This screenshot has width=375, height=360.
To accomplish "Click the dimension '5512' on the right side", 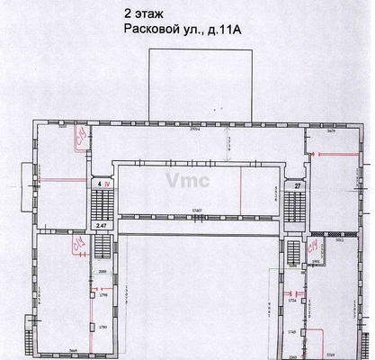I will click(341, 241).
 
